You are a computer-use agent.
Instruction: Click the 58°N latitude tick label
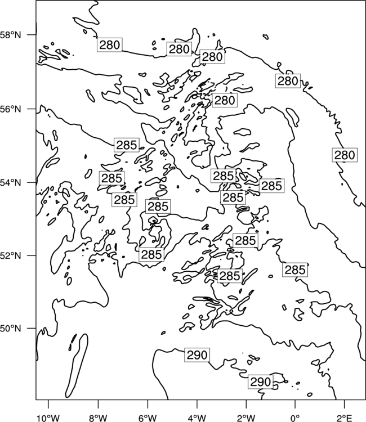(x=11, y=35)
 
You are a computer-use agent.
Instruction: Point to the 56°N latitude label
(x=11, y=109)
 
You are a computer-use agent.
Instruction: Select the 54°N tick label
(x=11, y=182)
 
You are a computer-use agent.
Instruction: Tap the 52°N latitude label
(x=11, y=255)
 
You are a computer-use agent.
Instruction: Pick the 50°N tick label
(x=11, y=329)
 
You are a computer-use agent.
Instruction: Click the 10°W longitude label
(x=48, y=418)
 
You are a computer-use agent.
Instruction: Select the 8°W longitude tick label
(x=98, y=418)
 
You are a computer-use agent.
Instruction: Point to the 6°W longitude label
(x=148, y=418)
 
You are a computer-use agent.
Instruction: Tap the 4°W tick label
(x=197, y=418)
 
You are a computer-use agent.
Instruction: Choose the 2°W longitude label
(x=246, y=418)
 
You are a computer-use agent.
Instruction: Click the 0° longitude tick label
(x=295, y=418)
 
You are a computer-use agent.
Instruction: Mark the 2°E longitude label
(x=345, y=418)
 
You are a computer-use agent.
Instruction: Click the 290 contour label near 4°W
(x=197, y=355)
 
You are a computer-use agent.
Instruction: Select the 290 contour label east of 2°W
(x=261, y=381)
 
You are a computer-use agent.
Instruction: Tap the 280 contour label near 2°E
(x=345, y=155)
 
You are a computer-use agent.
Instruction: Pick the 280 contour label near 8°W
(x=110, y=44)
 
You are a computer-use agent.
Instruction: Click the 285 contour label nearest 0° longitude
(x=295, y=270)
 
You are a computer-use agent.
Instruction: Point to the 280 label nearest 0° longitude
(x=288, y=80)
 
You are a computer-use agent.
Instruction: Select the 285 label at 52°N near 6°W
(x=151, y=254)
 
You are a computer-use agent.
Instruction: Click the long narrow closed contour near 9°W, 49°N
(x=77, y=366)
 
